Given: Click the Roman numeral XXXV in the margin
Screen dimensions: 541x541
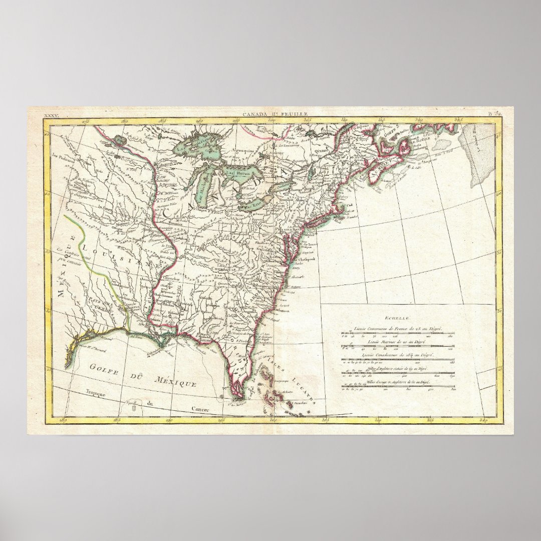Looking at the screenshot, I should (51, 115).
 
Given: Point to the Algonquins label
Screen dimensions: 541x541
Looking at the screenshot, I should (246, 149).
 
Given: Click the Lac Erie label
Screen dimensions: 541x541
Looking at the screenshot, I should (249, 203).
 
